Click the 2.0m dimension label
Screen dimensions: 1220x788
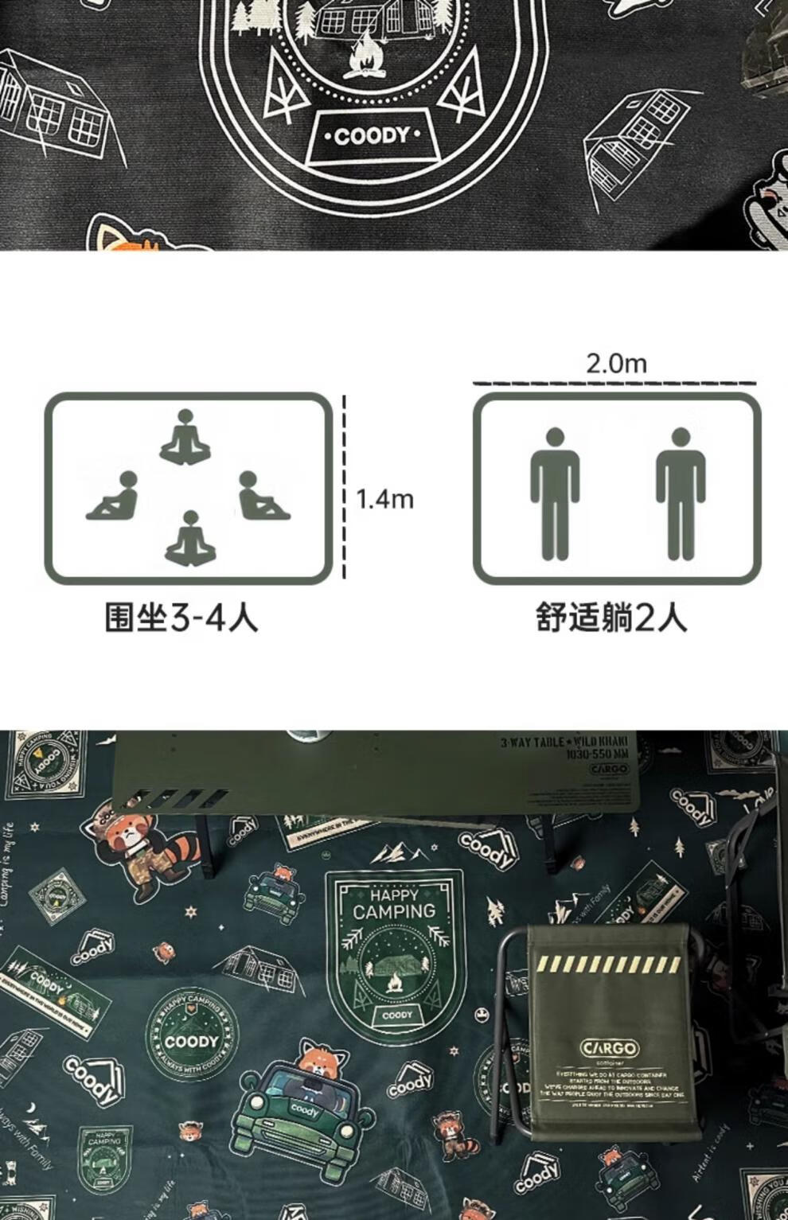[616, 364]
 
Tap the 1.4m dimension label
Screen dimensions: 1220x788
[384, 500]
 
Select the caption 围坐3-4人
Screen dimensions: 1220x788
[181, 617]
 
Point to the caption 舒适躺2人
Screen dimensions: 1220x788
[611, 617]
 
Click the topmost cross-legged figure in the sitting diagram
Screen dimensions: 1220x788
[185, 437]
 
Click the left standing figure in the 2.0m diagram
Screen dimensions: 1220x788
[555, 493]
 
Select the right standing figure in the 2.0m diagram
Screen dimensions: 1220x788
[680, 493]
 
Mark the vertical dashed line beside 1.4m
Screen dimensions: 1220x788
[345, 487]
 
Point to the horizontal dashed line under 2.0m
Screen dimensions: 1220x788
[614, 384]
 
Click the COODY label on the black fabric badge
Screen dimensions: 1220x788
[372, 137]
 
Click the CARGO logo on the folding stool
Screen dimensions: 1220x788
[609, 1047]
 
